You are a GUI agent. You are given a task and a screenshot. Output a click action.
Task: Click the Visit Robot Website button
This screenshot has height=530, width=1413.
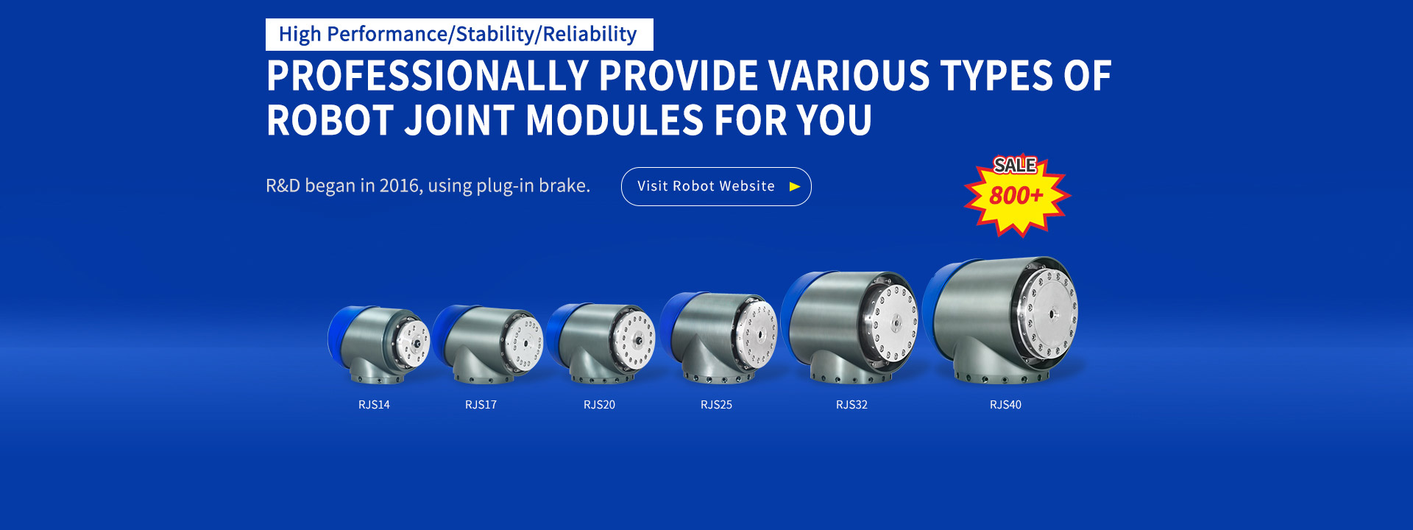tap(716, 186)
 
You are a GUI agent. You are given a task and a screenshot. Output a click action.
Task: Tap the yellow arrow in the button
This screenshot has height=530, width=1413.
tap(795, 187)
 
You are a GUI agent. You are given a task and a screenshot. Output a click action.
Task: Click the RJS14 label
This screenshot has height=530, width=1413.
tap(374, 405)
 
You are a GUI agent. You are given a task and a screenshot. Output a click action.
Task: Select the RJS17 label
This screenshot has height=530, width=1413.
tap(481, 405)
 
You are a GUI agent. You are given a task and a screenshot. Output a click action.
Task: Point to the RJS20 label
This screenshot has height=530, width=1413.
tap(599, 405)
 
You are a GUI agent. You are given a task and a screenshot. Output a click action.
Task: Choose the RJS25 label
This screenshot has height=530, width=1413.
tap(716, 405)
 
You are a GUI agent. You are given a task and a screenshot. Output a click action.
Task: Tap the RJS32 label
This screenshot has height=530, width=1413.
tap(851, 405)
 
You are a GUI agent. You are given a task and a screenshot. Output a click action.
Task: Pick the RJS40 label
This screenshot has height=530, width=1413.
tap(1005, 405)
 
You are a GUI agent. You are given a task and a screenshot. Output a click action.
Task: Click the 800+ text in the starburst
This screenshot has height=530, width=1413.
tap(1016, 196)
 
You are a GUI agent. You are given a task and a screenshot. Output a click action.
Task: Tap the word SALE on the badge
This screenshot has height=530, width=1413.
tap(1015, 166)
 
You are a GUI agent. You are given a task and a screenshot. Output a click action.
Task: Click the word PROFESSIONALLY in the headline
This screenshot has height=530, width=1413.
tap(428, 76)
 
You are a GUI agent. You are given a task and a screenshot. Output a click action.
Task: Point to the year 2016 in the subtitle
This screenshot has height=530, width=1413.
tap(399, 185)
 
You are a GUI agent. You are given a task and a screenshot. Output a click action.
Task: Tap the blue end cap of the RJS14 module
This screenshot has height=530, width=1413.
tap(338, 337)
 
